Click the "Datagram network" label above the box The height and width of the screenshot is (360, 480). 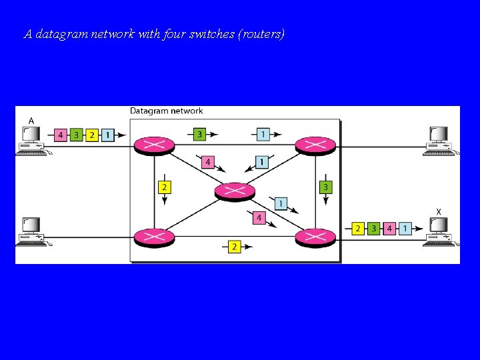(x=166, y=111)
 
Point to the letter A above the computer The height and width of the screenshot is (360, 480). (x=31, y=121)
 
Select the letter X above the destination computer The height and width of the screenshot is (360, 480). (x=438, y=211)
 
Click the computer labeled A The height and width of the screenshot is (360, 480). (x=31, y=141)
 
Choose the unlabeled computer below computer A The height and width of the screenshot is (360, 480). (x=31, y=232)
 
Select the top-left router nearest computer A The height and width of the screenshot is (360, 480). (x=155, y=144)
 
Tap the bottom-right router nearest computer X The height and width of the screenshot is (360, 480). (x=315, y=236)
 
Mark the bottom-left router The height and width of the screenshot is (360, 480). (x=155, y=236)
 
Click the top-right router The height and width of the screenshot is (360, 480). (x=315, y=144)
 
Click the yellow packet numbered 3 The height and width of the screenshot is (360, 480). (x=325, y=187)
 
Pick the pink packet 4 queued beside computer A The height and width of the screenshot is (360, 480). (x=61, y=135)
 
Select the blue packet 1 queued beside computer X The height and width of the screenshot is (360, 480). (x=405, y=229)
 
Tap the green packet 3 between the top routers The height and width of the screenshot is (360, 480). (x=199, y=135)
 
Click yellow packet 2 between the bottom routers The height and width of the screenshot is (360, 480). (x=234, y=247)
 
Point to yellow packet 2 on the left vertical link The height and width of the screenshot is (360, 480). (x=164, y=187)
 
